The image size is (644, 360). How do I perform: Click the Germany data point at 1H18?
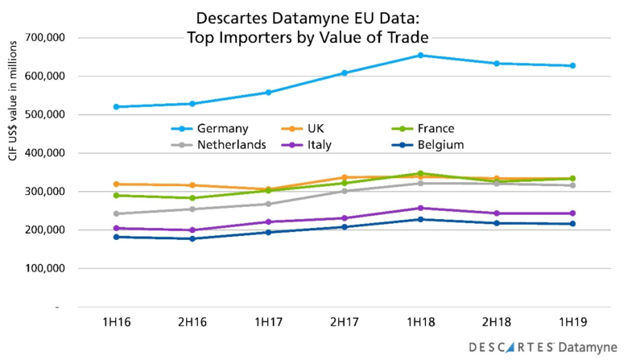coord(421,56)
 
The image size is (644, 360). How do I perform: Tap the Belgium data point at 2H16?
coord(192,238)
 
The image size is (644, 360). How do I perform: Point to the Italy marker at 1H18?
coord(421,208)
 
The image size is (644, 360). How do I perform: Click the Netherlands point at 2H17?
coord(345,191)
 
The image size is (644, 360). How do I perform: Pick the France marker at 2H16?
coord(192,198)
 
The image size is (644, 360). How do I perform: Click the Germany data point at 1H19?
coord(573,66)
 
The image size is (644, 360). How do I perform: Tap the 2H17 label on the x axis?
coord(345,321)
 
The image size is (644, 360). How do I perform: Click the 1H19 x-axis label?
coord(573,321)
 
